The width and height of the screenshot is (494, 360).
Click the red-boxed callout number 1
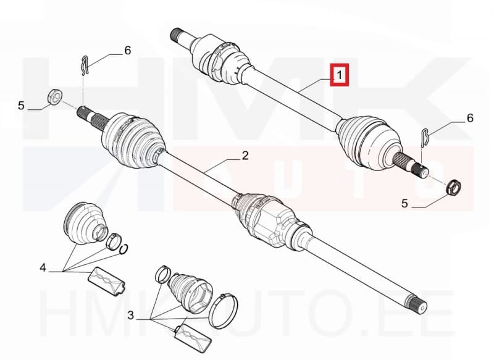[x=339, y=75]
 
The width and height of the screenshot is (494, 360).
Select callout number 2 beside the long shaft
[x=245, y=156]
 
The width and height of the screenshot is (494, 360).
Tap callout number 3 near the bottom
[x=131, y=315]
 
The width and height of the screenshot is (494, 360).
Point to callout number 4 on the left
[x=43, y=268]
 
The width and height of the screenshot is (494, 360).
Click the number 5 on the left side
[x=21, y=106]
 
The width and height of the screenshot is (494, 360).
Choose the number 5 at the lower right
[x=404, y=203]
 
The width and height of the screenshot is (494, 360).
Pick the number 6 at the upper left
[x=128, y=51]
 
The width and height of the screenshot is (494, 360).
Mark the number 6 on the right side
[x=470, y=118]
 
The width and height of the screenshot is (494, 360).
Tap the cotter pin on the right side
[x=424, y=138]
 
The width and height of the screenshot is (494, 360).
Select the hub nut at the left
[x=56, y=96]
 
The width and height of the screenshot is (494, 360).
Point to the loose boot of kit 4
[x=85, y=222]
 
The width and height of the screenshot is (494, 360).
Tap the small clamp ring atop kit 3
[x=163, y=275]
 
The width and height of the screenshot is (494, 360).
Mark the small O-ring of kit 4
[x=124, y=249]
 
